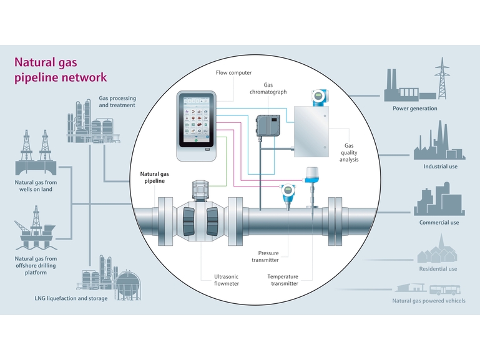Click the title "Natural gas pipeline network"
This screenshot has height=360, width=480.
[61, 70]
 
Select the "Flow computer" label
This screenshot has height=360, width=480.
[234, 73]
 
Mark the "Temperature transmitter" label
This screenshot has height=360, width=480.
[283, 280]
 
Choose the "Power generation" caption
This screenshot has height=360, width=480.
[414, 109]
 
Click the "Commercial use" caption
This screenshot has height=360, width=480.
[439, 223]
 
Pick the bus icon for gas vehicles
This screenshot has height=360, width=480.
[446, 288]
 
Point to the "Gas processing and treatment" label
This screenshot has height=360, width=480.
[117, 102]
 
